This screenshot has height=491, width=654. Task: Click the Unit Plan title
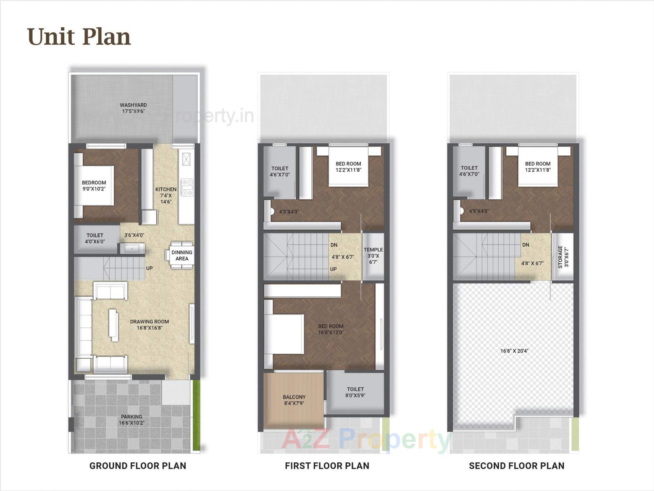[x=79, y=36]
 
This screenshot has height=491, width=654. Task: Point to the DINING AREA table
[x=181, y=256]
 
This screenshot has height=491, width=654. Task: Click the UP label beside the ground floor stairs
[x=149, y=268]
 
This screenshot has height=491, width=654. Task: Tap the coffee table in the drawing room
[x=113, y=325]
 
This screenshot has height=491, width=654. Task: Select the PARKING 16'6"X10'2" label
[x=131, y=419]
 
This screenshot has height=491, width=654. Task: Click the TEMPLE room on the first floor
[x=373, y=256]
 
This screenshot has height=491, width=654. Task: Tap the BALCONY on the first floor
[x=294, y=400]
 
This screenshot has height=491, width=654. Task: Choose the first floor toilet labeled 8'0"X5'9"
[x=355, y=392]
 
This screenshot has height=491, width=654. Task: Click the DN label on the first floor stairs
[x=334, y=245]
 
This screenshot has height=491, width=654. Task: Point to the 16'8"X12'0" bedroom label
[x=330, y=329]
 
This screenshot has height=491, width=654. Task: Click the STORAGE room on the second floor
[x=563, y=257]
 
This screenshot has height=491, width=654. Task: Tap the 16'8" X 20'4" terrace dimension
[x=514, y=351]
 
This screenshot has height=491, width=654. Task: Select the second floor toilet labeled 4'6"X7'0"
[x=469, y=171]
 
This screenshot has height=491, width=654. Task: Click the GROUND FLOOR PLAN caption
[x=138, y=466]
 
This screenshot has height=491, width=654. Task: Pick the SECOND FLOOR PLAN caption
[x=516, y=466]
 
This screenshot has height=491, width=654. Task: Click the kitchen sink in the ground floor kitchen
[x=186, y=159]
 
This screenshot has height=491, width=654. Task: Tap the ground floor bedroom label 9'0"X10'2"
[x=94, y=186]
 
